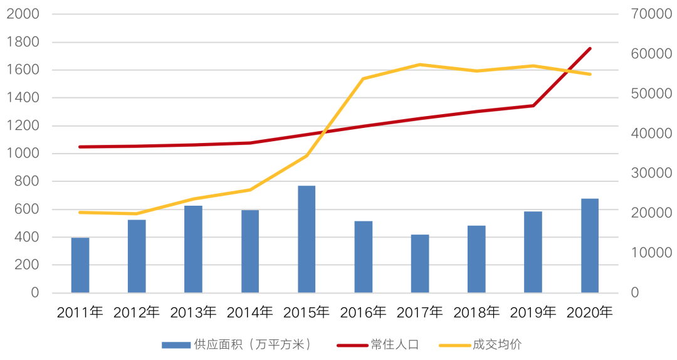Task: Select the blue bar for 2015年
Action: tap(307, 239)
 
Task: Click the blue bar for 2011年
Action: tap(80, 265)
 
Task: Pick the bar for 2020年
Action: tap(590, 245)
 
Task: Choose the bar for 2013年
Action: tap(193, 249)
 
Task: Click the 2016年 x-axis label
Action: tap(364, 312)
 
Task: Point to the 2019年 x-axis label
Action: tap(533, 312)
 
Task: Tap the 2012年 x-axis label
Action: tap(137, 312)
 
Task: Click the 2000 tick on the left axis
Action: tap(23, 14)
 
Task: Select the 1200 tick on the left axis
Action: tap(23, 125)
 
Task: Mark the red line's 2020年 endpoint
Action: tap(590, 48)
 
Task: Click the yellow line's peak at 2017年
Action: tap(420, 65)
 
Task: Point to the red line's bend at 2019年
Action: tap(533, 105)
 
